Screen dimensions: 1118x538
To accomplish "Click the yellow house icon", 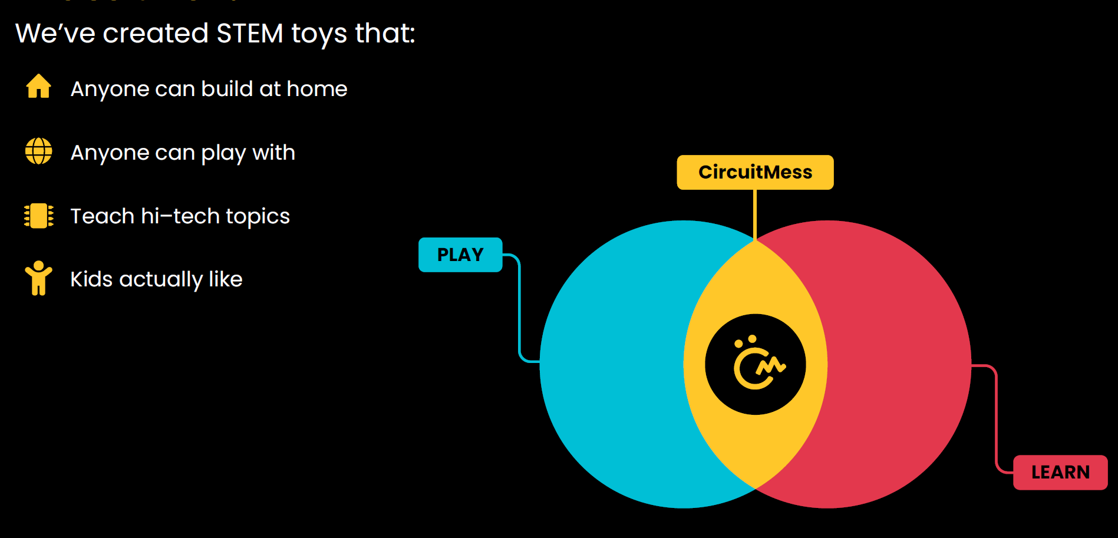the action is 39,86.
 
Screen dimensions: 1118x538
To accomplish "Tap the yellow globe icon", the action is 39,151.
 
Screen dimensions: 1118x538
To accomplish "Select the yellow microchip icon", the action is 39,216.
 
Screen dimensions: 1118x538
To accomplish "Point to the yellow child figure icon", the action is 39,278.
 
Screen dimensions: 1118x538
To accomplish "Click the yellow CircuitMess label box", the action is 755,172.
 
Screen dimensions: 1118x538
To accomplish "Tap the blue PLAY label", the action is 460,255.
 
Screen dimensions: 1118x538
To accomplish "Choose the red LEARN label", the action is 1060,472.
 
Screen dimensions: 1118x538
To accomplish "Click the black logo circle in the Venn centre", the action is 755,364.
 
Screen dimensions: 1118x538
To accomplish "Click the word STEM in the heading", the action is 250,33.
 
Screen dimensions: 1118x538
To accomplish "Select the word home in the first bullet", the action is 317,89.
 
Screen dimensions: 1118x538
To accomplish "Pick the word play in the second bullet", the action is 223,154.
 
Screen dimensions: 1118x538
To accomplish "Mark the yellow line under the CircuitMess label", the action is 755,215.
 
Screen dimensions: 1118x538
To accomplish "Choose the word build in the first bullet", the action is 227,88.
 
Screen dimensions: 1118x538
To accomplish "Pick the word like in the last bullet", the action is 226,279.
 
